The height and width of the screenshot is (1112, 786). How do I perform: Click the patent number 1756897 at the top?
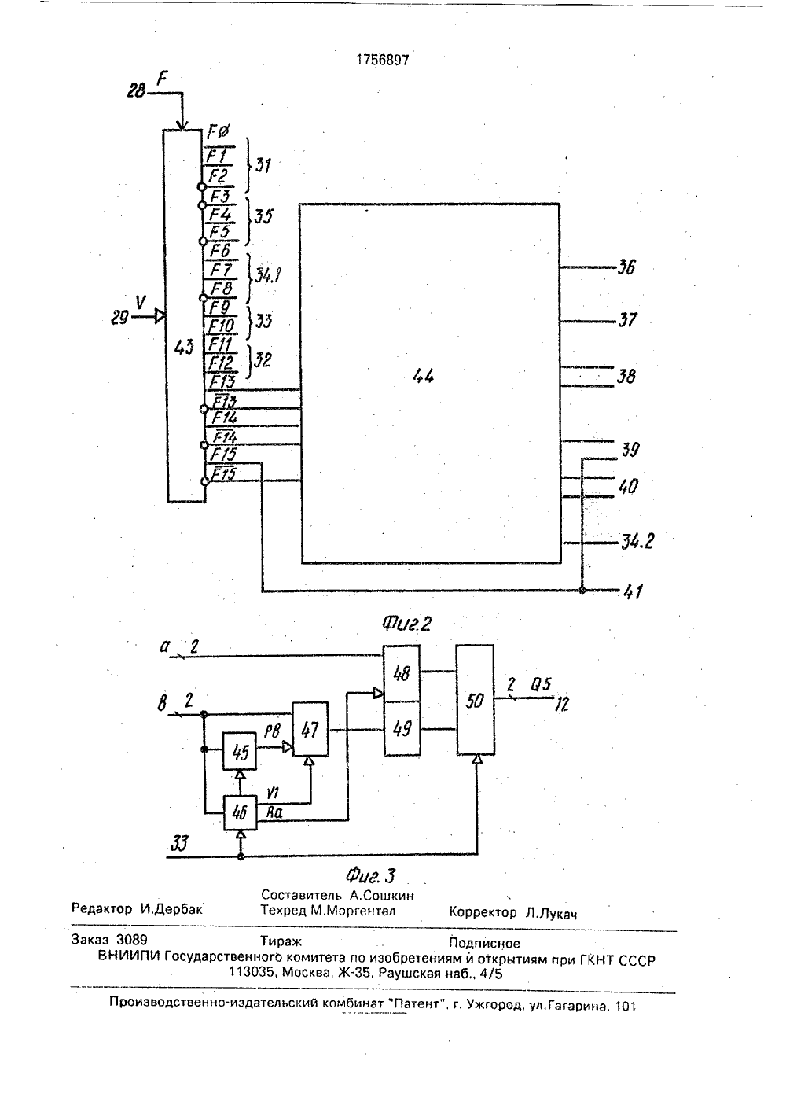(383, 60)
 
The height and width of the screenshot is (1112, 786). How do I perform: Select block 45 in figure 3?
(240, 751)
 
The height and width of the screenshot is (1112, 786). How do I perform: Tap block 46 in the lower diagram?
(241, 812)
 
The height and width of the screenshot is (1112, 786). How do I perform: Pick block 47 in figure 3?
(310, 729)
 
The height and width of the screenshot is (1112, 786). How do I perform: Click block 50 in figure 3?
(475, 700)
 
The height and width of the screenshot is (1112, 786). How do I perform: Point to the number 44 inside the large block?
(424, 376)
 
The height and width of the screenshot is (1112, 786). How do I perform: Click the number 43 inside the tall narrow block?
(184, 348)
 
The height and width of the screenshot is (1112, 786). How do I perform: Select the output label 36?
(626, 267)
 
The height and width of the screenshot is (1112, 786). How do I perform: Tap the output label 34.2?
(637, 541)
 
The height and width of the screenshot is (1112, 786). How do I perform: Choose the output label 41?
(633, 591)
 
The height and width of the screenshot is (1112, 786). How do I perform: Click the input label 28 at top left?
(137, 90)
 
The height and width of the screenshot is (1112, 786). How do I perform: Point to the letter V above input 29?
(141, 302)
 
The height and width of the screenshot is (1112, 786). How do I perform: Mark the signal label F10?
(222, 326)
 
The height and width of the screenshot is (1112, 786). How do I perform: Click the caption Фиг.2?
(406, 624)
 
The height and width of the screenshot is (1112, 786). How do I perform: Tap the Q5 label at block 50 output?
(541, 684)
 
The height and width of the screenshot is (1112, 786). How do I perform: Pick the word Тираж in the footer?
(281, 941)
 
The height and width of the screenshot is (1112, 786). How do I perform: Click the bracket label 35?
(263, 216)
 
